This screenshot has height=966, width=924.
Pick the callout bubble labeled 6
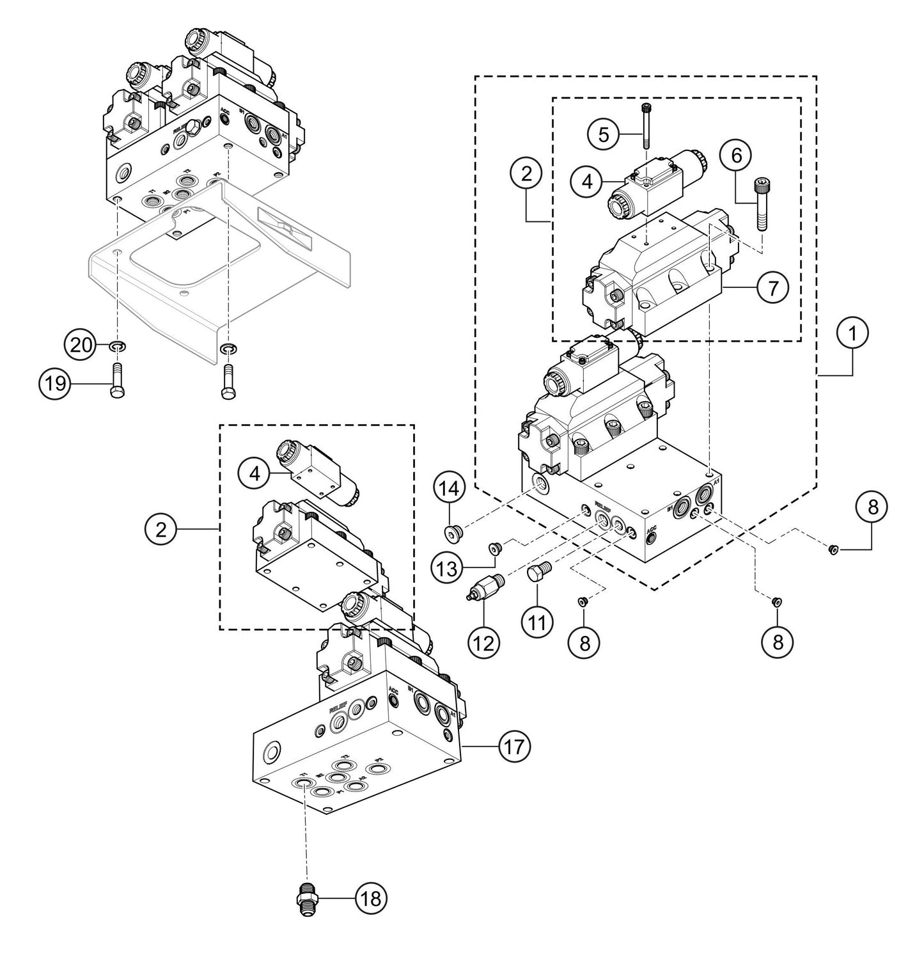tap(735, 155)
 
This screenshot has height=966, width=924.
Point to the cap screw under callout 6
tap(760, 203)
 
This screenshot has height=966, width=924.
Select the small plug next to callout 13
tap(494, 547)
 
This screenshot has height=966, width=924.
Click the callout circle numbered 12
tap(483, 642)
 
